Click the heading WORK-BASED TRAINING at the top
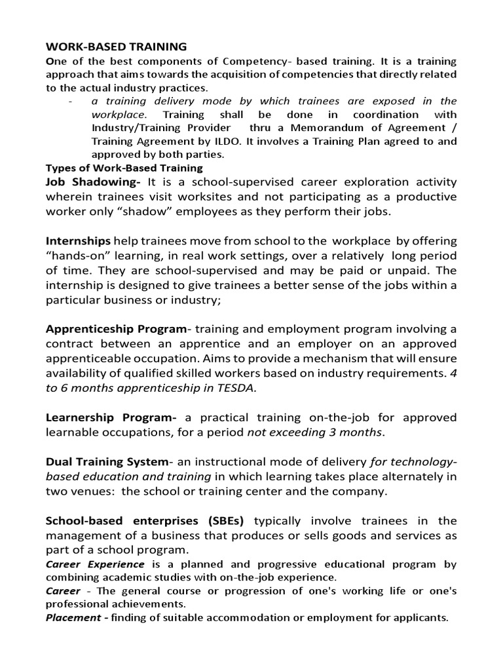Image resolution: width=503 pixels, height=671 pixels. click(x=116, y=47)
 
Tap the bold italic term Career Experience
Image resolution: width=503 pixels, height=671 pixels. click(x=95, y=564)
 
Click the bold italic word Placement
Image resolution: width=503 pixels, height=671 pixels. click(x=72, y=618)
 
